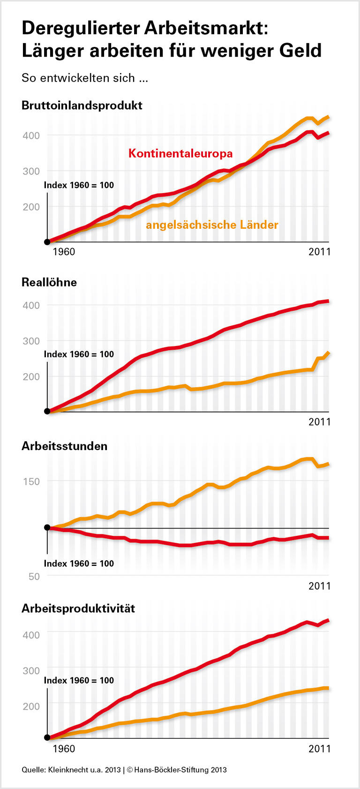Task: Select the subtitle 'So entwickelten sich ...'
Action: coord(85,78)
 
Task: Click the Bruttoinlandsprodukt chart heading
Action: coord(82,105)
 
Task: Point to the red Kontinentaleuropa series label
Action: coord(180,153)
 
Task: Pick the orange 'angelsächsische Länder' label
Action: coord(212,225)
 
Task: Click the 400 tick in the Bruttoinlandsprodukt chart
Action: coord(31,135)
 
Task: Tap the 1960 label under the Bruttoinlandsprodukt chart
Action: coord(64,252)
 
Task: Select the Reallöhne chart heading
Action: coord(49,282)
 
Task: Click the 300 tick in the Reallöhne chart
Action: coord(31,341)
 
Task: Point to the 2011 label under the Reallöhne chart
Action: coord(319,422)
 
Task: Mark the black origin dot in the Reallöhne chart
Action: coord(47,412)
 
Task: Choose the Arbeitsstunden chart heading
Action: coord(65,446)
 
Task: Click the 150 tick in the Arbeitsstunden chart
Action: coord(31,481)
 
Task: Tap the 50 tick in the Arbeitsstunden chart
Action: coord(34,577)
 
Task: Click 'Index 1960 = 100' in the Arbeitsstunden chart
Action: coord(79,564)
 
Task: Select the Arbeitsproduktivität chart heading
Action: coord(78,609)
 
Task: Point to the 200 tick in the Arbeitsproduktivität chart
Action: coord(31,706)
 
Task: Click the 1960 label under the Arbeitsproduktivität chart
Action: coord(64,749)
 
